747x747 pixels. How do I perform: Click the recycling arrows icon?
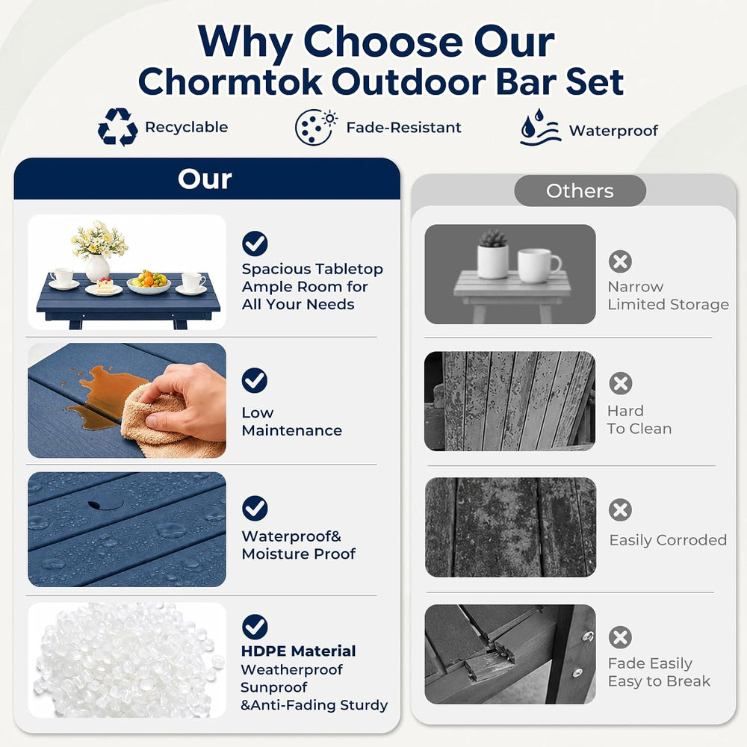coord(118,127)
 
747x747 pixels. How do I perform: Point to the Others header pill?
coord(580,190)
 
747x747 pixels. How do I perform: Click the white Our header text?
coord(205,179)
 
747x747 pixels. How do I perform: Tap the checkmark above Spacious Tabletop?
coord(255,244)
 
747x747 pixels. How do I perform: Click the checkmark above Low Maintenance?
coord(255,380)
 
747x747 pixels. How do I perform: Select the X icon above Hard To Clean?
coord(620,383)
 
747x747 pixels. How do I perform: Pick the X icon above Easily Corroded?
coord(620,510)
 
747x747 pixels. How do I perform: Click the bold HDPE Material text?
coord(298,651)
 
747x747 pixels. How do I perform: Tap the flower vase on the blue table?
coord(98,252)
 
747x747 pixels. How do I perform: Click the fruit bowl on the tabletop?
coord(149,282)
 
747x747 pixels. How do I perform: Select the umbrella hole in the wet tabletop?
coord(99,504)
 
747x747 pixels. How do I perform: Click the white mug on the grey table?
coord(538,265)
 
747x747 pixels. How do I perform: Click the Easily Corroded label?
coord(668,540)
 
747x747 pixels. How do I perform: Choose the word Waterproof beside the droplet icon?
coord(613,131)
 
